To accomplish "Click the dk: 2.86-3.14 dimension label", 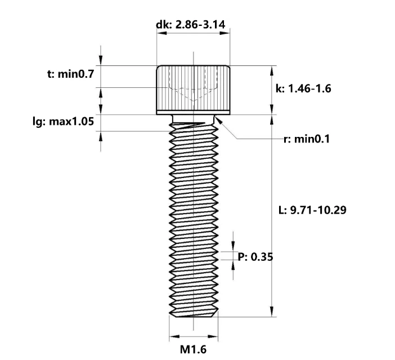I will (194, 24).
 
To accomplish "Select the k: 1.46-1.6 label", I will (304, 89).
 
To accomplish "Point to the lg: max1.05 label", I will (64, 121).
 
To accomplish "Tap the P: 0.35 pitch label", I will (256, 257).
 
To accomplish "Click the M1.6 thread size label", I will (193, 349).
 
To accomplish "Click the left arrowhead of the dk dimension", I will (159, 34).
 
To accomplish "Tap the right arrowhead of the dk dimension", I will (227, 34).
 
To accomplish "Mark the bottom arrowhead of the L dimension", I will (273, 312).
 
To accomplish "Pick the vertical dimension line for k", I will (273, 90).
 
